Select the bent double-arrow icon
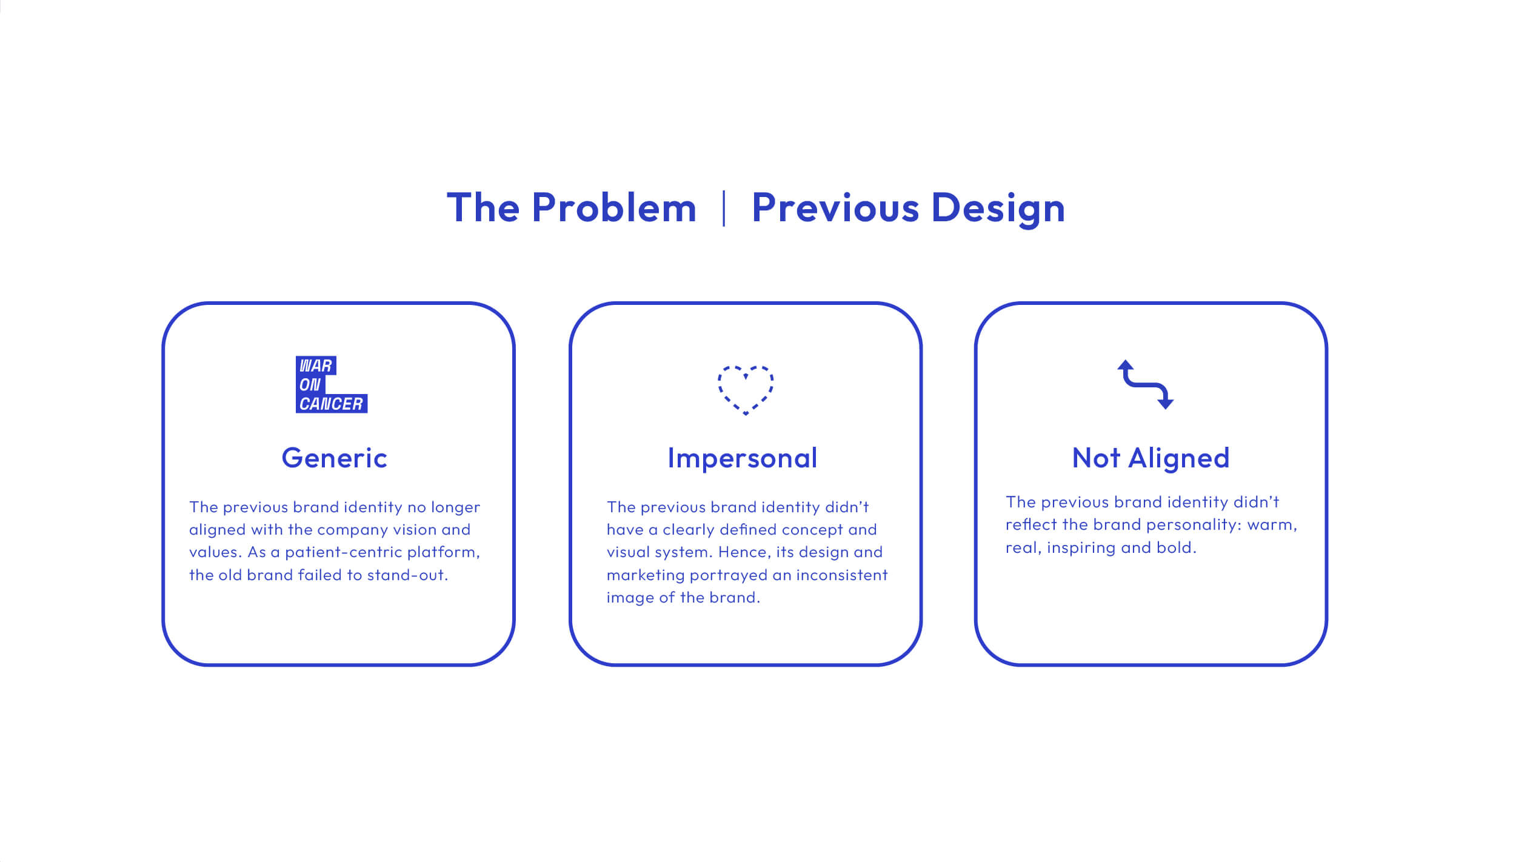click(x=1145, y=384)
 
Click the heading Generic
click(x=334, y=458)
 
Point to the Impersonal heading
click(x=743, y=458)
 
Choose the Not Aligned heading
click(x=1151, y=458)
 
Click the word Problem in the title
click(x=613, y=207)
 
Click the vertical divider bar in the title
click(x=724, y=208)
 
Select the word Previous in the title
click(x=835, y=207)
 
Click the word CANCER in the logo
click(x=331, y=404)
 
